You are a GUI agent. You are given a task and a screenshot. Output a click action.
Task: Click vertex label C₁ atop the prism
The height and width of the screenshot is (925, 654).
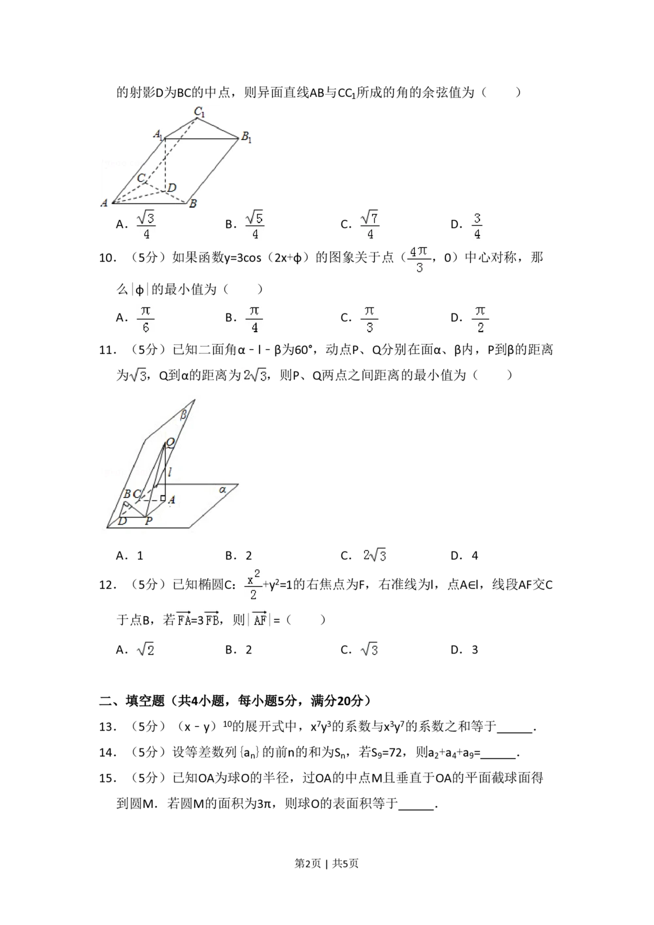[199, 112]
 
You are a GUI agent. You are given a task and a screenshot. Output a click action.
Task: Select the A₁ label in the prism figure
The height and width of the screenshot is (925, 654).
[158, 135]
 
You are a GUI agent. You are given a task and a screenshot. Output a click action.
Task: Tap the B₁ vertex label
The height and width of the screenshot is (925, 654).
[246, 137]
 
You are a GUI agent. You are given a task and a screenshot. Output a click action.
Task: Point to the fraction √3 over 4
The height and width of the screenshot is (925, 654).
[146, 225]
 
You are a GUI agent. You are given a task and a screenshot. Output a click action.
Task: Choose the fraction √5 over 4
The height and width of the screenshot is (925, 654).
[254, 225]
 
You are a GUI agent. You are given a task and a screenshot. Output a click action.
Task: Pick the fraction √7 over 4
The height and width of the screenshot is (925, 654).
[369, 225]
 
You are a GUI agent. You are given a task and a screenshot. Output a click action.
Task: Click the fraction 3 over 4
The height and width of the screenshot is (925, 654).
[479, 225]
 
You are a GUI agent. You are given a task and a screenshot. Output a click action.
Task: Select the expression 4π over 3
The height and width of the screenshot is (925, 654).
[419, 259]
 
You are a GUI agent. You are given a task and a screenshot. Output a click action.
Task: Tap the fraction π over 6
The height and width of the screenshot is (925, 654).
[146, 319]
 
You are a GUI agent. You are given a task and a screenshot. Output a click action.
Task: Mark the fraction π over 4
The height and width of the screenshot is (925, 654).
[254, 319]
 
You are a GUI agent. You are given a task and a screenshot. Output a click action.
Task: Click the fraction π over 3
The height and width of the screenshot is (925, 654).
[369, 319]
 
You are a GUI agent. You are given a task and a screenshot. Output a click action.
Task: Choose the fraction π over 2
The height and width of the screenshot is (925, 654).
[481, 319]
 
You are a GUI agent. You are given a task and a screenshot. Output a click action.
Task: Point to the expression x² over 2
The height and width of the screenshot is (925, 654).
[254, 584]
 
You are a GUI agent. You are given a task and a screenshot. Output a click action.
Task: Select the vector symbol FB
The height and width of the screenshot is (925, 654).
[211, 619]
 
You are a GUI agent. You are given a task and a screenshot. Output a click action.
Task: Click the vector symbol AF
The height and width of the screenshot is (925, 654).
[259, 619]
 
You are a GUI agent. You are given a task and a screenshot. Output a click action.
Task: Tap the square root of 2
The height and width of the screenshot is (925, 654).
[146, 649]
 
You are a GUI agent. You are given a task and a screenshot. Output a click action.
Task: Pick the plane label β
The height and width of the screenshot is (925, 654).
[184, 414]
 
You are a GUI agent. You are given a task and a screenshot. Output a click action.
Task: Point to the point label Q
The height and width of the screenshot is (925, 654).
[170, 443]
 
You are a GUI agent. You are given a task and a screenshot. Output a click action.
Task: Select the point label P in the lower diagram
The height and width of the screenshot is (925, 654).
[148, 521]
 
